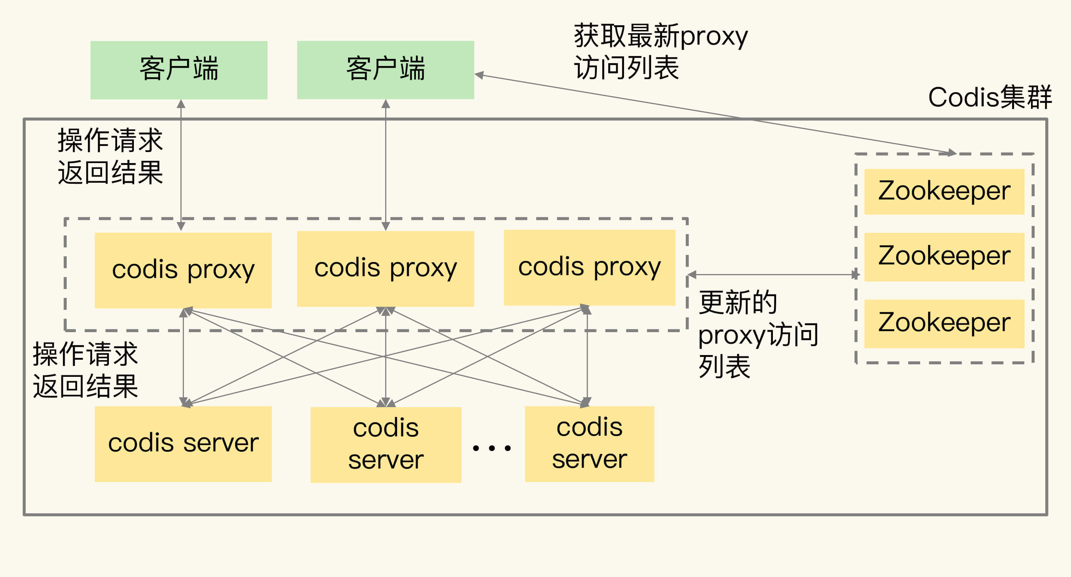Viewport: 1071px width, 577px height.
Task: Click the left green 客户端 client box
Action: [179, 70]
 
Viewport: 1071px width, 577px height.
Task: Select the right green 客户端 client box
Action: [386, 70]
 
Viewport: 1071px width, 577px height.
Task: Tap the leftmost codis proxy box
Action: [183, 270]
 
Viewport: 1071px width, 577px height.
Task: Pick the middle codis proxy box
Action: [386, 269]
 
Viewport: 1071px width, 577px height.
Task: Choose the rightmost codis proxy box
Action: [589, 267]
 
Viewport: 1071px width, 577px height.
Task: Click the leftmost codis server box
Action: [183, 444]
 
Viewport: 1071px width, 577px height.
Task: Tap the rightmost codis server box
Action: [589, 444]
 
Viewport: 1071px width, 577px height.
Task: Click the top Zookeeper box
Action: [944, 192]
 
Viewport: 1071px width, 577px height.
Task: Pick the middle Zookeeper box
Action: [944, 257]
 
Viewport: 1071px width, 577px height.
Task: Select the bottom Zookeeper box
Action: [944, 323]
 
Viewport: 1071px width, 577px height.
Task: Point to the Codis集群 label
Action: [990, 98]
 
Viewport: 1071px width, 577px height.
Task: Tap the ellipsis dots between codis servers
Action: [492, 448]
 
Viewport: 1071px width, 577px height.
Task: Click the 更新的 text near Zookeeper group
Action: [738, 302]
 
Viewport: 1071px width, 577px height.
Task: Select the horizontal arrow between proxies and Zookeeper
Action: [773, 274]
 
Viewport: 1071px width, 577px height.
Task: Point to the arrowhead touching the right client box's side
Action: [479, 75]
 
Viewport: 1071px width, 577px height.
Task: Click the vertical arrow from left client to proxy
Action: [181, 166]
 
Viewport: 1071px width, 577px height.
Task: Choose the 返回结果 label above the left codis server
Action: [85, 386]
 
